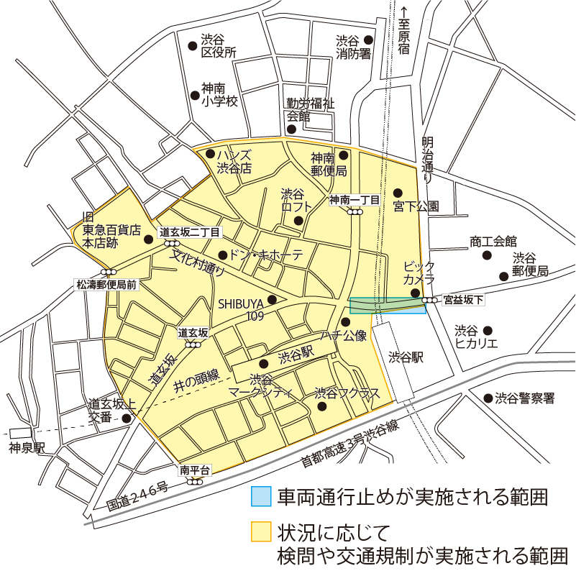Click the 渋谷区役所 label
(x=219, y=45)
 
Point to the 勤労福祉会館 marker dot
(x=292, y=129)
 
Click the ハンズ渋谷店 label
(x=234, y=162)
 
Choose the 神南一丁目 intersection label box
(x=355, y=200)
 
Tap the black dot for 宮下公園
(x=397, y=193)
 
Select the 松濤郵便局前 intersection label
(x=106, y=284)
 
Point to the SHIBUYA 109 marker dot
(x=272, y=300)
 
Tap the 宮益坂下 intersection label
(x=463, y=299)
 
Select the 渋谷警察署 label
(x=524, y=398)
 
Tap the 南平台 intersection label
(x=195, y=470)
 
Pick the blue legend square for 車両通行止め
(x=261, y=497)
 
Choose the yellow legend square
(x=261, y=532)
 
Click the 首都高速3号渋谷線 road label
(x=349, y=447)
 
